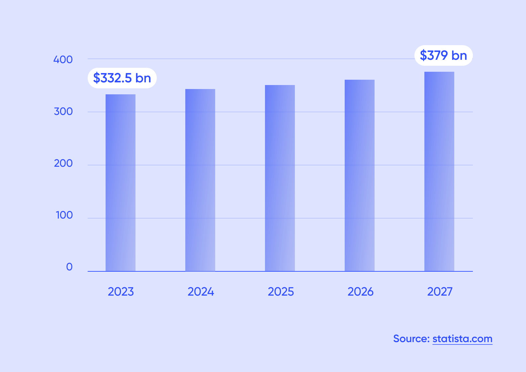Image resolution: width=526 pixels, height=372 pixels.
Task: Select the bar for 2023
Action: pos(121,183)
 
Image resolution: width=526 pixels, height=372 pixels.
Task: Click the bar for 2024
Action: pos(200,180)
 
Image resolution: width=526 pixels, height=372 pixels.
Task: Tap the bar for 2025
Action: pos(280,178)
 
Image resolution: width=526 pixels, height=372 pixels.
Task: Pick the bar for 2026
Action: pos(360,175)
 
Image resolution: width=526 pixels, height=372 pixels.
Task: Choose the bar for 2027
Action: pos(439,171)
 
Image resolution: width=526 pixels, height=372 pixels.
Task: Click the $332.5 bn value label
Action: pos(122,78)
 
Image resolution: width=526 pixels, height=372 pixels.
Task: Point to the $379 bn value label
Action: pos(444,55)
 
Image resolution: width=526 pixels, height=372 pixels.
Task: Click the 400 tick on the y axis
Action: pos(63,60)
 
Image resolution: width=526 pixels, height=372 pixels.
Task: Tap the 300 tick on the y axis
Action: pos(63,112)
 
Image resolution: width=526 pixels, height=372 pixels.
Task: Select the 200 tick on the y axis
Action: pos(63,163)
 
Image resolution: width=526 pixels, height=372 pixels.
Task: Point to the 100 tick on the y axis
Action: pos(64,215)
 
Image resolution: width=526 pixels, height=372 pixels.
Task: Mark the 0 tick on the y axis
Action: pos(69,267)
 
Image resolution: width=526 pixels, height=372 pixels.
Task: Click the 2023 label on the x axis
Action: pos(121,292)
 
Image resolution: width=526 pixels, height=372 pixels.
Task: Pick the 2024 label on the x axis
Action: pos(201,292)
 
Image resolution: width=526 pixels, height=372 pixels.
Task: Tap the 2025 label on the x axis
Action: pos(281,292)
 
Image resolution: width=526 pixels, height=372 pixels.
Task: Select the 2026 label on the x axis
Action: pos(361,292)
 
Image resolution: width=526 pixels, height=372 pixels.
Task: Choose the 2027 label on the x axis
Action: pos(440,292)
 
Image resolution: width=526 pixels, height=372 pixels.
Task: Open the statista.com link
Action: pos(462,339)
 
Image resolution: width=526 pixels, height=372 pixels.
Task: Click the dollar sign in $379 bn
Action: pos(423,55)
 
